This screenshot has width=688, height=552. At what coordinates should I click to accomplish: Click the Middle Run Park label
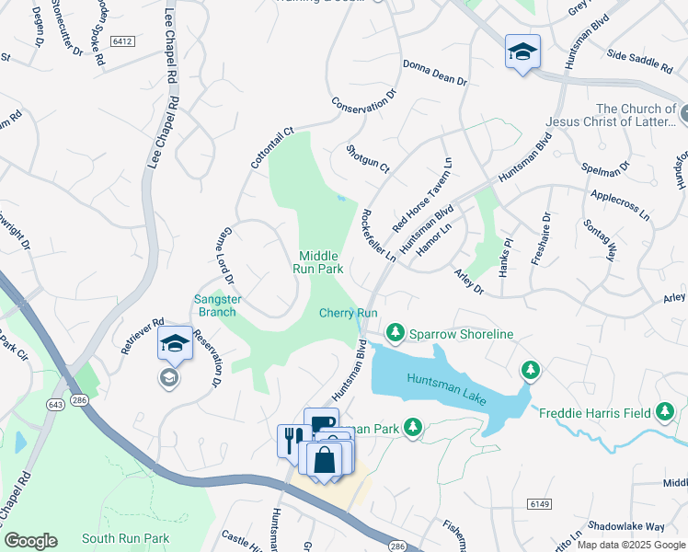(x=318, y=262)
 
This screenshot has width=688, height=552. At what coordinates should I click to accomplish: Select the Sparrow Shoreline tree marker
(x=396, y=330)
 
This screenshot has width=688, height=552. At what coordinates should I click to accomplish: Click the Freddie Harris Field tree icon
(x=665, y=412)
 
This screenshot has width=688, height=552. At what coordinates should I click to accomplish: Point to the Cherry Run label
(x=349, y=313)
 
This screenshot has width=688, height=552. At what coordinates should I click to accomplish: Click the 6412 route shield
(x=122, y=41)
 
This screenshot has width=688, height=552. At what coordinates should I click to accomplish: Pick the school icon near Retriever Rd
(x=175, y=344)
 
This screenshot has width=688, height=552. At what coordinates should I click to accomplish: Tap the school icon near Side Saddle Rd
(x=522, y=51)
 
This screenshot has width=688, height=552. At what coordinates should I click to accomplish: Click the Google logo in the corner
(x=30, y=541)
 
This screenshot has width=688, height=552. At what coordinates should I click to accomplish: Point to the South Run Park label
(x=125, y=538)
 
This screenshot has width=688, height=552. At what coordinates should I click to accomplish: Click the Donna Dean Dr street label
(x=435, y=74)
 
